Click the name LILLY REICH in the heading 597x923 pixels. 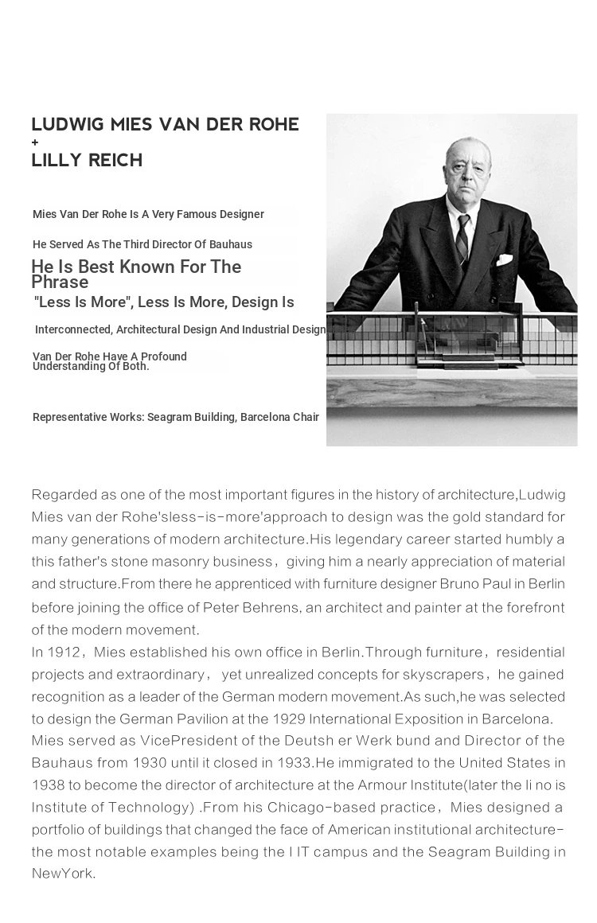tap(87, 160)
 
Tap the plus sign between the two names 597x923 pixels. tap(35, 142)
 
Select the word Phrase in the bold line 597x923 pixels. tap(60, 282)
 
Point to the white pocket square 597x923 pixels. tap(504, 259)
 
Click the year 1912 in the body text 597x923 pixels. tap(64, 652)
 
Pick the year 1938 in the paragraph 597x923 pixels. tap(48, 785)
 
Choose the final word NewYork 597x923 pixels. tap(63, 874)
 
